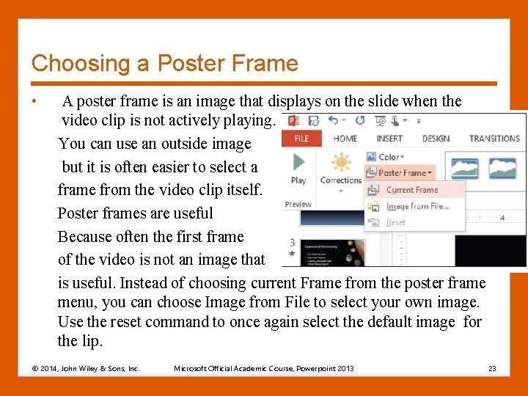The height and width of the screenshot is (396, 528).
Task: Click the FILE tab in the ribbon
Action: pyautogui.click(x=301, y=139)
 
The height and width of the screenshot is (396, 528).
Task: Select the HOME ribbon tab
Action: pyautogui.click(x=345, y=139)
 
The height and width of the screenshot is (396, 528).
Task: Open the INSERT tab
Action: pyautogui.click(x=389, y=139)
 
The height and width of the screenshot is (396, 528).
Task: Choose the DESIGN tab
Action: pyautogui.click(x=436, y=139)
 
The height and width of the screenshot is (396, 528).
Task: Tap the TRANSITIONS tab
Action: pyautogui.click(x=494, y=139)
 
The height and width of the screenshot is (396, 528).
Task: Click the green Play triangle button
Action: pyautogui.click(x=298, y=162)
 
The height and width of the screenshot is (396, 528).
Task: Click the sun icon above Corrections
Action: pyautogui.click(x=341, y=162)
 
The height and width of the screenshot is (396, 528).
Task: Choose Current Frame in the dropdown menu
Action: pyautogui.click(x=411, y=190)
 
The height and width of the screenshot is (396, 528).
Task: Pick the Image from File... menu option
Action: pyautogui.click(x=417, y=206)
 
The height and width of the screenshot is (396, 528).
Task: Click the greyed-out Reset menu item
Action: pyautogui.click(x=395, y=222)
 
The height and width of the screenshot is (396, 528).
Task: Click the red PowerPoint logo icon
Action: pyautogui.click(x=293, y=120)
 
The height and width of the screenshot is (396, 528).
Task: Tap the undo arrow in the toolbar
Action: pyautogui.click(x=334, y=120)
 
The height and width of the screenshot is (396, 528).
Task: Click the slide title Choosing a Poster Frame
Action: pyautogui.click(x=165, y=63)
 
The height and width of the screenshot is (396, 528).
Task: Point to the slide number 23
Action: pyautogui.click(x=492, y=368)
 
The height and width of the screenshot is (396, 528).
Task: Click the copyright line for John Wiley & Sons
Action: pyautogui.click(x=85, y=368)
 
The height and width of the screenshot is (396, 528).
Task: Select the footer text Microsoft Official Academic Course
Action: pyautogui.click(x=263, y=368)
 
